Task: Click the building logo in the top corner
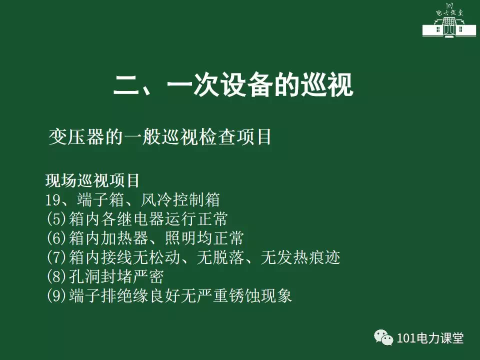(x=449, y=20)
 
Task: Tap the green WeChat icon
(x=383, y=337)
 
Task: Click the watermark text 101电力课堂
(x=430, y=338)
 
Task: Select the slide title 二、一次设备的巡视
(x=233, y=85)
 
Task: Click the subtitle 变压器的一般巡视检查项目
(x=160, y=137)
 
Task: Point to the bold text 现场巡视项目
(x=92, y=180)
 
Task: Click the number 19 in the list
(x=53, y=200)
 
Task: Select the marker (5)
(x=56, y=219)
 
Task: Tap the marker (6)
(x=56, y=238)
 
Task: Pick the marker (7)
(x=56, y=257)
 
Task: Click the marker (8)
(x=56, y=276)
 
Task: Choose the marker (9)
(x=56, y=295)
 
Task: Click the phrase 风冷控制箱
(x=180, y=200)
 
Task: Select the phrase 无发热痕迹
(x=300, y=257)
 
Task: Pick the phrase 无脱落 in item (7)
(x=220, y=257)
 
